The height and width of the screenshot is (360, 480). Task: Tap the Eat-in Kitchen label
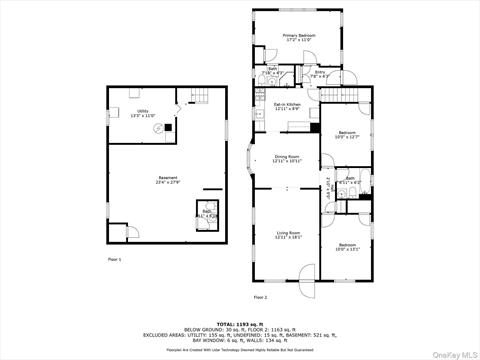(x=289, y=106)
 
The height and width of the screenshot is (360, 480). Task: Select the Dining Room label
(x=287, y=159)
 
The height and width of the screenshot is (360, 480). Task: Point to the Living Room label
(x=287, y=235)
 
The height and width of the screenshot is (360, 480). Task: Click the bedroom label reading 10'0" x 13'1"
(x=346, y=246)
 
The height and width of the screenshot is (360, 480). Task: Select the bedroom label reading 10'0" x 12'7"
(x=346, y=134)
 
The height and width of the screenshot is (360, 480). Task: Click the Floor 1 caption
(x=114, y=259)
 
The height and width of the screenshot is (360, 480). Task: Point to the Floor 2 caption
(x=260, y=297)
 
